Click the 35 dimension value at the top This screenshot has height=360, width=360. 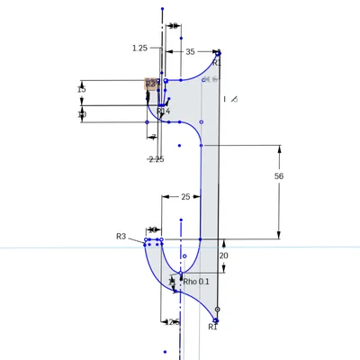189,52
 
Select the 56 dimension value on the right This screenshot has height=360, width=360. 279,176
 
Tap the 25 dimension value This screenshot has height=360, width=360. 185,196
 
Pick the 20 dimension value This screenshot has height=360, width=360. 224,256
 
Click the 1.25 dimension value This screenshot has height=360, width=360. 139,48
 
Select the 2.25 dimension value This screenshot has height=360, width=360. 156,159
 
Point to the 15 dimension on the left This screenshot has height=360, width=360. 82,90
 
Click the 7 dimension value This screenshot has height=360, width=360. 153,137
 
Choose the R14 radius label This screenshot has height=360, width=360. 163,112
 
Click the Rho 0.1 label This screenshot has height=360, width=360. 195,282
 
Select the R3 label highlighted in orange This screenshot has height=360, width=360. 151,83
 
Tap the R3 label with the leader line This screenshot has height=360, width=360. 121,236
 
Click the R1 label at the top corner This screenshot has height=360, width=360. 216,64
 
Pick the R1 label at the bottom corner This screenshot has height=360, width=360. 212,327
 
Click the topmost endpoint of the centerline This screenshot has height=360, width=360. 162,9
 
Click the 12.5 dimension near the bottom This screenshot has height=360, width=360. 172,321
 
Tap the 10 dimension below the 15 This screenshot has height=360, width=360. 82,114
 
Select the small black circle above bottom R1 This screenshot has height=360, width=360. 217,310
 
